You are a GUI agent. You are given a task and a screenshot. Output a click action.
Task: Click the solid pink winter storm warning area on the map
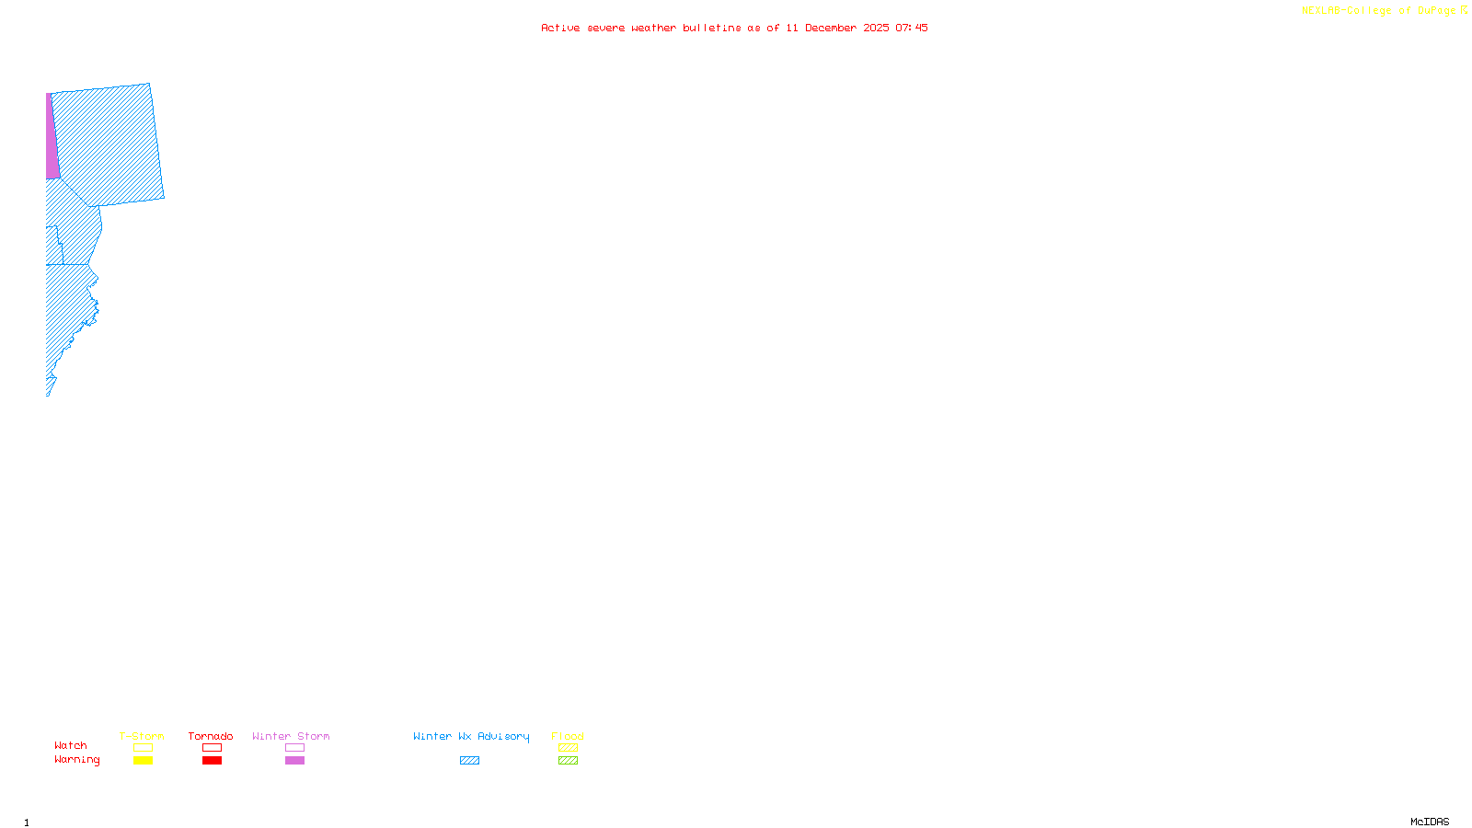[x=52, y=138]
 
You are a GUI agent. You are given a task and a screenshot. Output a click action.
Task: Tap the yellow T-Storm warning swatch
[x=143, y=761]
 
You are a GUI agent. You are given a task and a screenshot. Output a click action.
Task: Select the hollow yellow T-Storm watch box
[x=143, y=748]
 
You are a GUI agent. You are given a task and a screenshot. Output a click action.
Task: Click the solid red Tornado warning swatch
[x=212, y=761]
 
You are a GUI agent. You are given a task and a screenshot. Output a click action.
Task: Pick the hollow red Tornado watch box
[x=212, y=748]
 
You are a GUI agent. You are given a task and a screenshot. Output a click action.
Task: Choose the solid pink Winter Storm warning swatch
[x=294, y=761]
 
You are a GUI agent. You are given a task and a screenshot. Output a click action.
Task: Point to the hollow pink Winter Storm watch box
[x=294, y=748]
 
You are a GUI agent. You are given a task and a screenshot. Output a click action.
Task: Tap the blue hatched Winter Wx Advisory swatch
[x=469, y=761]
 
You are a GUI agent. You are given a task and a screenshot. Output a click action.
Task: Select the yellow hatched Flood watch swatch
[x=568, y=748]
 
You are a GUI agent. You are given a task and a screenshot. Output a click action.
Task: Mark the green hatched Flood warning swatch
[x=568, y=761]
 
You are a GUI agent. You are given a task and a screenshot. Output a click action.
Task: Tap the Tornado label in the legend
[x=211, y=736]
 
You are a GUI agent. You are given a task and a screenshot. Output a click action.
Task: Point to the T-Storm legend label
[x=142, y=736]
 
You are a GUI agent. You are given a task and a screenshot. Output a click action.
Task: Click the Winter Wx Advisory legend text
[x=471, y=736]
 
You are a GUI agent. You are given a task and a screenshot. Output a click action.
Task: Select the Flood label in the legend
[x=568, y=736]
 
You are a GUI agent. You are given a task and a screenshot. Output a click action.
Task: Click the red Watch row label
[x=71, y=745]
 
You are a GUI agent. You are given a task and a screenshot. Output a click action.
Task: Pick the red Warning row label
[x=76, y=760]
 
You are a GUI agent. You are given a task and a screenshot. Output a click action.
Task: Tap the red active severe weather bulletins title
[x=734, y=28]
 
